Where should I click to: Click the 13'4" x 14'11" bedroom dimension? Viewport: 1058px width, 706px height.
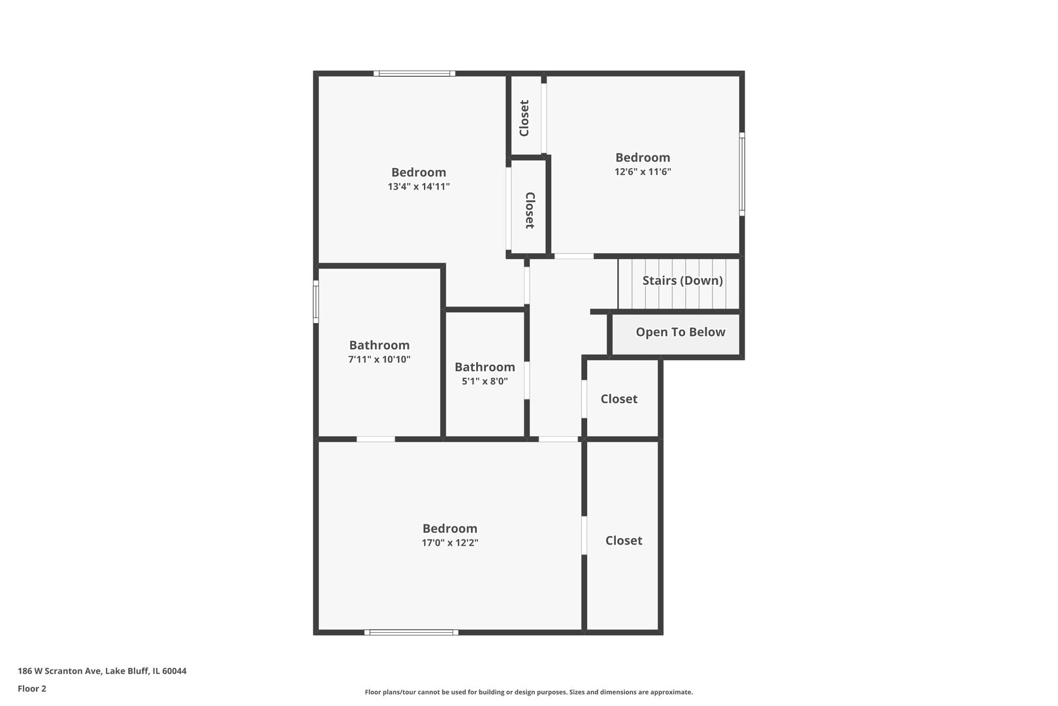point(419,187)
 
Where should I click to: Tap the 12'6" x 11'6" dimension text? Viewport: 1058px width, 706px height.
point(643,172)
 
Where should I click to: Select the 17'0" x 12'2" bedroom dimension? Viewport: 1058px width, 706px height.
point(450,543)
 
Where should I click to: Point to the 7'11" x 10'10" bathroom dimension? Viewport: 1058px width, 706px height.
point(379,360)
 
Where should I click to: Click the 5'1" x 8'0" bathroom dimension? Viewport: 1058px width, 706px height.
point(485,381)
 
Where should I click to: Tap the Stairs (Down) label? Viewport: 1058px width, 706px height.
point(682,280)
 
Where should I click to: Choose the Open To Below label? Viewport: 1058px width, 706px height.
point(681,332)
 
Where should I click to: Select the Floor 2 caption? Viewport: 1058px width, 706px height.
point(32,688)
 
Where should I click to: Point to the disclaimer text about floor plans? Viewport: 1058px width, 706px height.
point(528,692)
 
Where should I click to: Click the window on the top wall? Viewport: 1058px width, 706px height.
point(415,73)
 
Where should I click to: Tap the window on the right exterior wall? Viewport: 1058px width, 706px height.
point(742,175)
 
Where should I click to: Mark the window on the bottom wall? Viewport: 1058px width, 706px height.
point(411,632)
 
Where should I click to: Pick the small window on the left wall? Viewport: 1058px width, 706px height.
point(316,302)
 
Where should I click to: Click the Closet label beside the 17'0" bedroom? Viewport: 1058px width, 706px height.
point(624,541)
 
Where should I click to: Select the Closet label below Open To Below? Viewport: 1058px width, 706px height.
point(619,399)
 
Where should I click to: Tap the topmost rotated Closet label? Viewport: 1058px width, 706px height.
point(524,118)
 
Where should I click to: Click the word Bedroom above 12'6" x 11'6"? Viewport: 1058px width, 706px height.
point(643,158)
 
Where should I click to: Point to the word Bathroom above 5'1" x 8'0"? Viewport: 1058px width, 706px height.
point(485,367)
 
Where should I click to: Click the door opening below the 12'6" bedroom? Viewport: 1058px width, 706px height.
point(574,256)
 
